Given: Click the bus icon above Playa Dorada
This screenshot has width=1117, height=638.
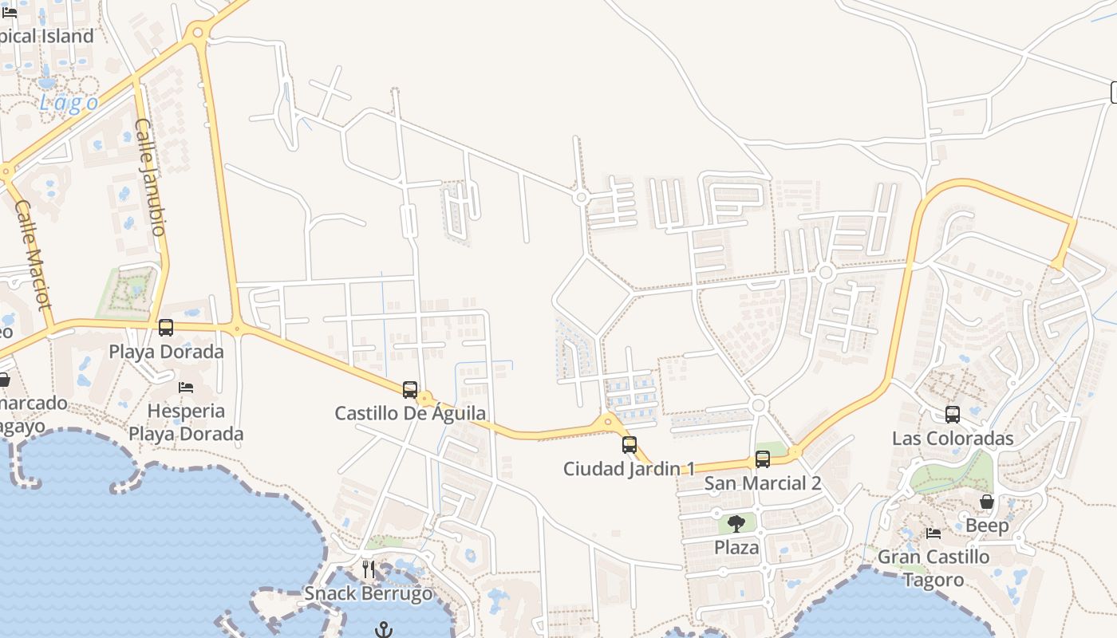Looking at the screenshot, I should (166, 328).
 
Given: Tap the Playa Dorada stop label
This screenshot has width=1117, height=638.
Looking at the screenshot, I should (166, 352).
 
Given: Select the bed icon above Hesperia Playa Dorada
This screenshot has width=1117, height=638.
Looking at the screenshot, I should (186, 388).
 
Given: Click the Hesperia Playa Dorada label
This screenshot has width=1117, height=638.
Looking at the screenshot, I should (186, 423).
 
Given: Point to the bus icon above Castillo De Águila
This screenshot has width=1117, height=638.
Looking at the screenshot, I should (410, 389).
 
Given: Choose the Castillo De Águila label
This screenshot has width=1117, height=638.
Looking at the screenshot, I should (410, 413).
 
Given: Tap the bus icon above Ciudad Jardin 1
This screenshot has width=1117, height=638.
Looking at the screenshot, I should (630, 445).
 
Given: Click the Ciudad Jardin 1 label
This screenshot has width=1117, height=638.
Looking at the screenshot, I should (630, 469).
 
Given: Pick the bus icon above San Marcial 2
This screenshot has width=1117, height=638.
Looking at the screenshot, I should (763, 459).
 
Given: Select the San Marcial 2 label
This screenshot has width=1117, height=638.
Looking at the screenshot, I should (763, 483).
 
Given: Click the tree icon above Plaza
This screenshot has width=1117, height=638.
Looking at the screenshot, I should (736, 524).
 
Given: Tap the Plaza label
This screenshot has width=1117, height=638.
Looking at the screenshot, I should (736, 548).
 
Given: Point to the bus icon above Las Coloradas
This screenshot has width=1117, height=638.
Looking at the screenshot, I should (953, 415).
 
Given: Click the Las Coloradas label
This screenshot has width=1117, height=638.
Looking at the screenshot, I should (953, 439).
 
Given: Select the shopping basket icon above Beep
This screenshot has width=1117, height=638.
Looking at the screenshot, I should (987, 502).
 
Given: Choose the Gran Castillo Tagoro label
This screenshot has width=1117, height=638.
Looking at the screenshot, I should (933, 568).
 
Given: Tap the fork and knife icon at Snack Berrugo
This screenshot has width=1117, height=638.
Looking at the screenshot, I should (369, 569).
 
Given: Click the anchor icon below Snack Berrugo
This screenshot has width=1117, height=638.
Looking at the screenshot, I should (385, 629).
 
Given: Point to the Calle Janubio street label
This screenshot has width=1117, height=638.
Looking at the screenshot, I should (150, 177).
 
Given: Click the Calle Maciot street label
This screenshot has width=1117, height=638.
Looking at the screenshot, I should (33, 254).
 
